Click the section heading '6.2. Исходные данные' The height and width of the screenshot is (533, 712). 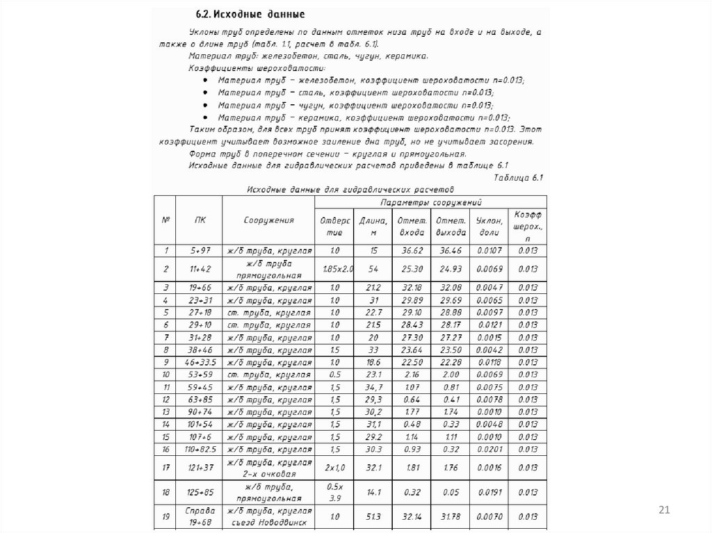click(x=252, y=14)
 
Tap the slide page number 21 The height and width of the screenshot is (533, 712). click(x=663, y=511)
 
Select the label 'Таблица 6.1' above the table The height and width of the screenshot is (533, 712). click(x=517, y=178)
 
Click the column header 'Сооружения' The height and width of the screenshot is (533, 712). click(x=268, y=220)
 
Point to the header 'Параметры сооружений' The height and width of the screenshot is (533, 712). click(x=431, y=202)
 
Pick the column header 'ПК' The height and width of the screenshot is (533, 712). click(x=199, y=220)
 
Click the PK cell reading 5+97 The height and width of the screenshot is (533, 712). click(x=199, y=250)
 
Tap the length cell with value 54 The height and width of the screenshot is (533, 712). click(x=373, y=269)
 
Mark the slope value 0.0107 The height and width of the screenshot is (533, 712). click(x=489, y=250)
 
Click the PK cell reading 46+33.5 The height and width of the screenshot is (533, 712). click(x=199, y=362)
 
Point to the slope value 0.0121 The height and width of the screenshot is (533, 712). click(x=489, y=325)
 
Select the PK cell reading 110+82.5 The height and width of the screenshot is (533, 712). click(x=199, y=450)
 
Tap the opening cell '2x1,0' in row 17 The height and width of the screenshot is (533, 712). click(x=335, y=468)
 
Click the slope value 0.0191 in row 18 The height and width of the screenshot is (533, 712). click(x=489, y=492)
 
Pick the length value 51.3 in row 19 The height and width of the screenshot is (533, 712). click(x=373, y=516)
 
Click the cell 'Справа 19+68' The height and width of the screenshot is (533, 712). click(x=199, y=516)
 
